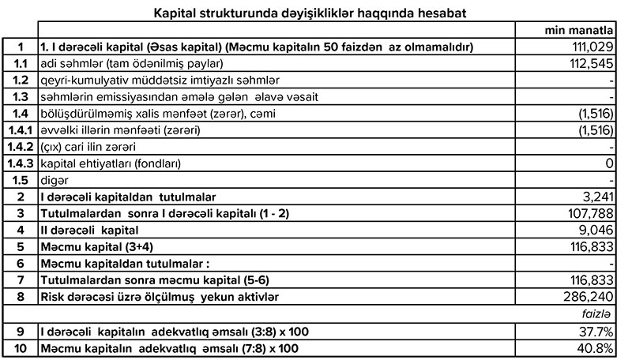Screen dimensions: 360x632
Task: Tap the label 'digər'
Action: [51, 179]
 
